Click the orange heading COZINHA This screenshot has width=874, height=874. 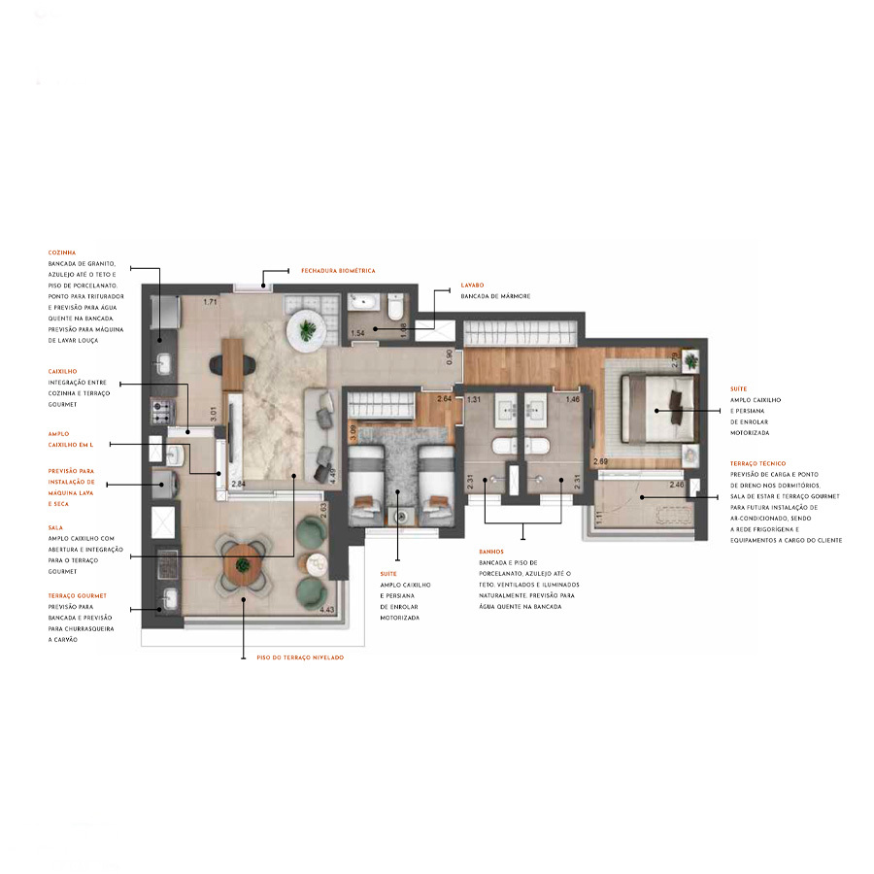point(62,252)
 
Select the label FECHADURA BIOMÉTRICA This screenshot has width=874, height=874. point(337,270)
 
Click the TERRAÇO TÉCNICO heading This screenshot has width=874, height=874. point(758,463)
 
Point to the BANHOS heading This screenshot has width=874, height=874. point(491,551)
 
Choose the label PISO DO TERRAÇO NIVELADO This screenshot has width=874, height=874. point(300,657)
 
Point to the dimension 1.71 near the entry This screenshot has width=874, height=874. point(209,303)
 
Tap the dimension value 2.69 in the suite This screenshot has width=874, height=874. point(599,460)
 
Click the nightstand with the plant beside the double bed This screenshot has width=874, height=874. point(689,360)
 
